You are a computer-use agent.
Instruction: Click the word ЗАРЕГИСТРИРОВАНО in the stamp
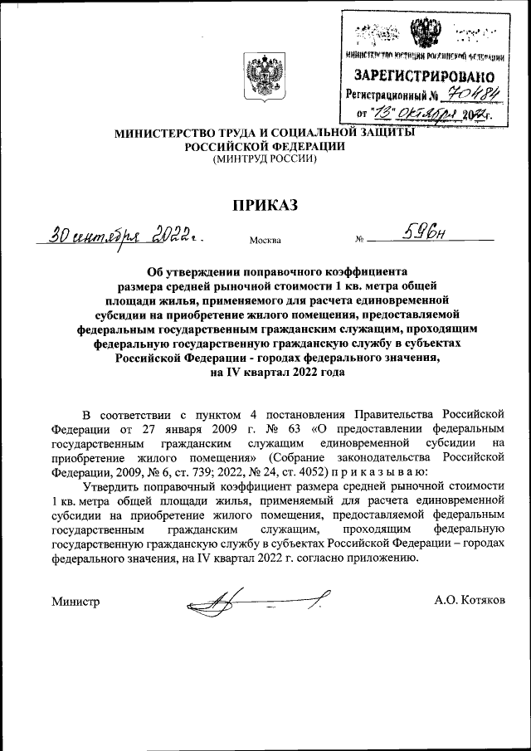click(425, 76)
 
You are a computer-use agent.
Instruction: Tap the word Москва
click(265, 241)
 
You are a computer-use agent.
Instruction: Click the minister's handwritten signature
click(257, 601)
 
